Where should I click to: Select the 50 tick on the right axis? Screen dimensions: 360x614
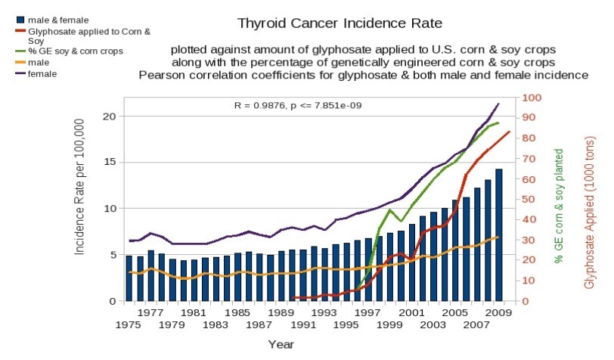pos(529,200)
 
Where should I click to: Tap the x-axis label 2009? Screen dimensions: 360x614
pos(498,311)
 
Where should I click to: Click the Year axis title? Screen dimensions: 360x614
pos(281,344)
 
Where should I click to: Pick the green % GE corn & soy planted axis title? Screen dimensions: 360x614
pos(560,206)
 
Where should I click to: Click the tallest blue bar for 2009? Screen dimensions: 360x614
pos(498,234)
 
